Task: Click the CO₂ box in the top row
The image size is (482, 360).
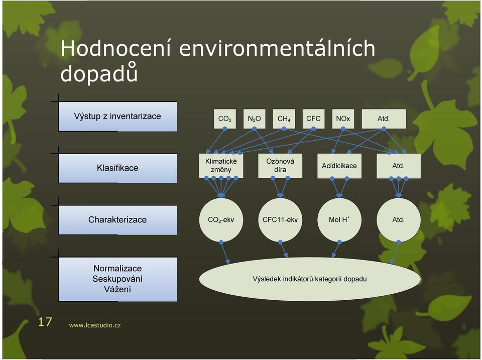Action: tap(225, 118)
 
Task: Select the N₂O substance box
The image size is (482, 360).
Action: tap(254, 118)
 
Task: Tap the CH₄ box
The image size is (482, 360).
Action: tap(284, 118)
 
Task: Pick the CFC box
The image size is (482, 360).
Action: tap(313, 118)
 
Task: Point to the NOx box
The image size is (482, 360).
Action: tap(343, 118)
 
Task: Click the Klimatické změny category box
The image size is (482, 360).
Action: tap(221, 166)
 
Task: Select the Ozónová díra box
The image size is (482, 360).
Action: tap(280, 166)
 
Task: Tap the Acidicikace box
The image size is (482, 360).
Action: tap(339, 166)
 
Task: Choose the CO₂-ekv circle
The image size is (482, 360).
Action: tap(221, 220)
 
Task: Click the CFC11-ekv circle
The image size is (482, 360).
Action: tap(280, 220)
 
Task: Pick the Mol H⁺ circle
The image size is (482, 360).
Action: tap(339, 220)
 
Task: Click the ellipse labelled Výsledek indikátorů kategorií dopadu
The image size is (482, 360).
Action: tap(310, 279)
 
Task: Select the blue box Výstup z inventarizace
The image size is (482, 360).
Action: tap(117, 116)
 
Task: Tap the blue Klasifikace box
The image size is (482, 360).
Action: tap(117, 168)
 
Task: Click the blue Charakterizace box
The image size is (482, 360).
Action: tap(117, 220)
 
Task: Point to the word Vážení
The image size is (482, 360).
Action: tap(117, 289)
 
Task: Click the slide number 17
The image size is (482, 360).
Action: tap(45, 322)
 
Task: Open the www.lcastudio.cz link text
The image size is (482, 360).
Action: tap(95, 325)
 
